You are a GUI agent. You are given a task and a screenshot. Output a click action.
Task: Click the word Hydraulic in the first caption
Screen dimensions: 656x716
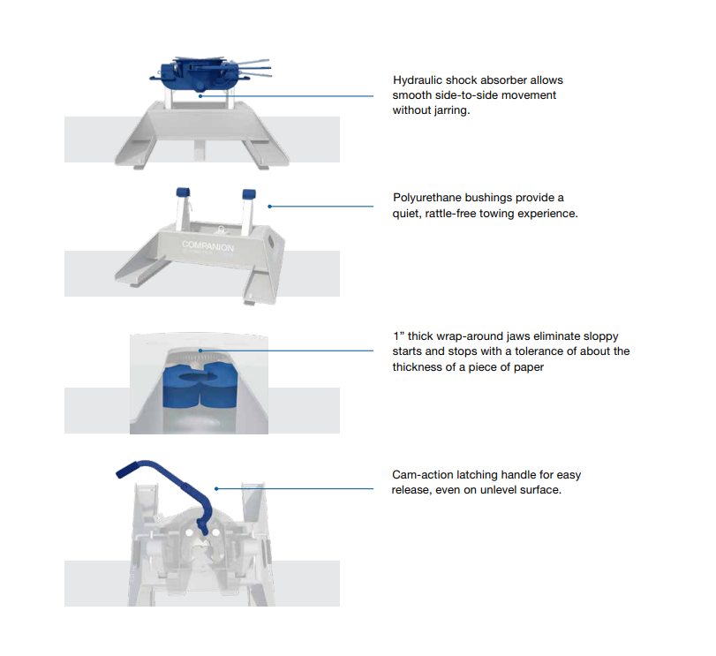point(418,80)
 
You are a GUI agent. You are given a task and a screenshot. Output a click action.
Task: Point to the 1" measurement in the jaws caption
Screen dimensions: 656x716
point(398,336)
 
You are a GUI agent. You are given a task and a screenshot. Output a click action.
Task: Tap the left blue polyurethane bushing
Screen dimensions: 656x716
point(185,192)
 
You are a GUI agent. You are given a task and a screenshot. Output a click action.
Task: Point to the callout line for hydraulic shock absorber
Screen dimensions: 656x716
point(309,95)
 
